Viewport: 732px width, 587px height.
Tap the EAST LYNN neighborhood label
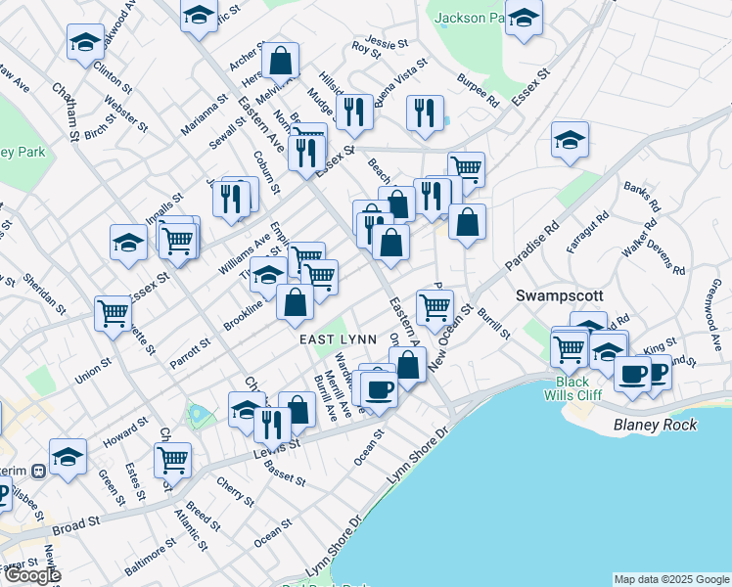tap(333, 339)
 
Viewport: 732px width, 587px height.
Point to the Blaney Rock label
tap(655, 425)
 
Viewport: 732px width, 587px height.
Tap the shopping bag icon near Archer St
tap(280, 61)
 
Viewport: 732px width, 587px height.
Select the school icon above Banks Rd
tap(569, 139)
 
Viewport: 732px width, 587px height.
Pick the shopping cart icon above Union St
tap(114, 313)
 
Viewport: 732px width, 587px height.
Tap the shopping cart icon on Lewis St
tap(172, 458)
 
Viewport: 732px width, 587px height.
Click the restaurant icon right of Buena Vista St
tap(424, 113)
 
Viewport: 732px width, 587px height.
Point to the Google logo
tap(31, 575)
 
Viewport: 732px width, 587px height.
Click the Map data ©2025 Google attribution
tap(671, 578)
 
